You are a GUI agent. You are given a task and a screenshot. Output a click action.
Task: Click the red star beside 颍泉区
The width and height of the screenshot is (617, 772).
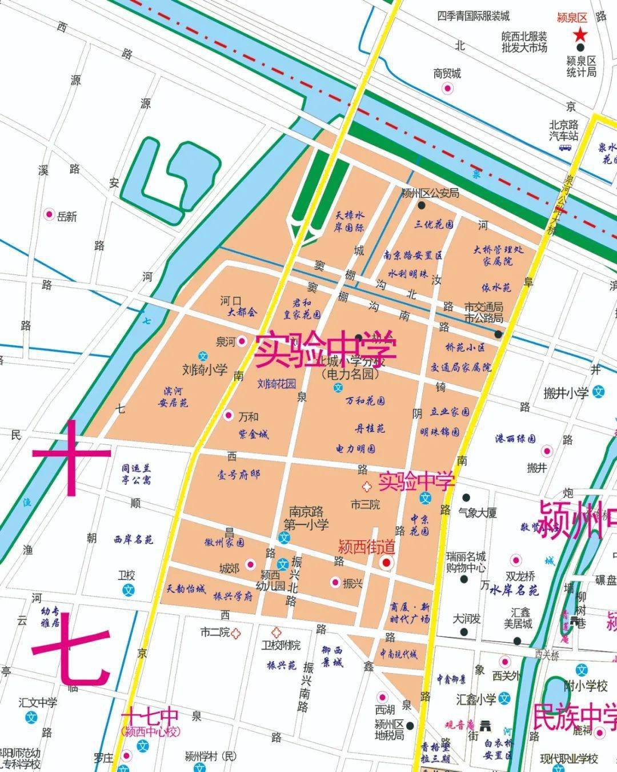(580, 35)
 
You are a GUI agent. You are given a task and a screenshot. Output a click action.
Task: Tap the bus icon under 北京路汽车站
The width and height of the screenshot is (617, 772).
(565, 148)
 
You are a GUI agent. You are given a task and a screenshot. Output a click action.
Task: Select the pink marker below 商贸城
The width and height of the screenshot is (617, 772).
(447, 88)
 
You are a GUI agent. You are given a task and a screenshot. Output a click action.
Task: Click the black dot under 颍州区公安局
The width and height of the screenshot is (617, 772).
(422, 205)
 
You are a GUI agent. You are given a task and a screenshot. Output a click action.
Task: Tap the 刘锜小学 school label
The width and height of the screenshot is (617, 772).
(205, 370)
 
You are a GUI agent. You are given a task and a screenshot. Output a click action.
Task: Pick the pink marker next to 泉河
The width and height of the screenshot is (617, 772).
(242, 341)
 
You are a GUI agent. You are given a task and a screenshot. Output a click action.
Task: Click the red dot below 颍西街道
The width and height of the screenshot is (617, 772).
(386, 563)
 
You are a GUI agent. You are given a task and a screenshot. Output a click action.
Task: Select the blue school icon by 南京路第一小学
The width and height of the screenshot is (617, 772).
(283, 538)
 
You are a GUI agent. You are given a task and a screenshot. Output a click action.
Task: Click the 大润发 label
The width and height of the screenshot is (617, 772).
(466, 619)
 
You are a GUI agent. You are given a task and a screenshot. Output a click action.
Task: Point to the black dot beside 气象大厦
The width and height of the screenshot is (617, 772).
(466, 497)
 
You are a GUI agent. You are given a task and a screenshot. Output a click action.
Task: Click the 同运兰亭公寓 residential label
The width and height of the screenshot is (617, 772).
(136, 474)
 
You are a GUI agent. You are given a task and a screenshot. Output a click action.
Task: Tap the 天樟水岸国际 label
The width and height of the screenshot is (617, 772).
(349, 221)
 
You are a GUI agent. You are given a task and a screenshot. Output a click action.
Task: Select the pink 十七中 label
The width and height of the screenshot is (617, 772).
(150, 717)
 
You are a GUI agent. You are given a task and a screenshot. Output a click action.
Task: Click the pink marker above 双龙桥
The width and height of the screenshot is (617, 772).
(516, 560)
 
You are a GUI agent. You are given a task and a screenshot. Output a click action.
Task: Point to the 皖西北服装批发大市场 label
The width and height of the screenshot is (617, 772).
(524, 42)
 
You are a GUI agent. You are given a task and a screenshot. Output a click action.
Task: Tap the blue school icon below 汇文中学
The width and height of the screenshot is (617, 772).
(33, 717)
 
